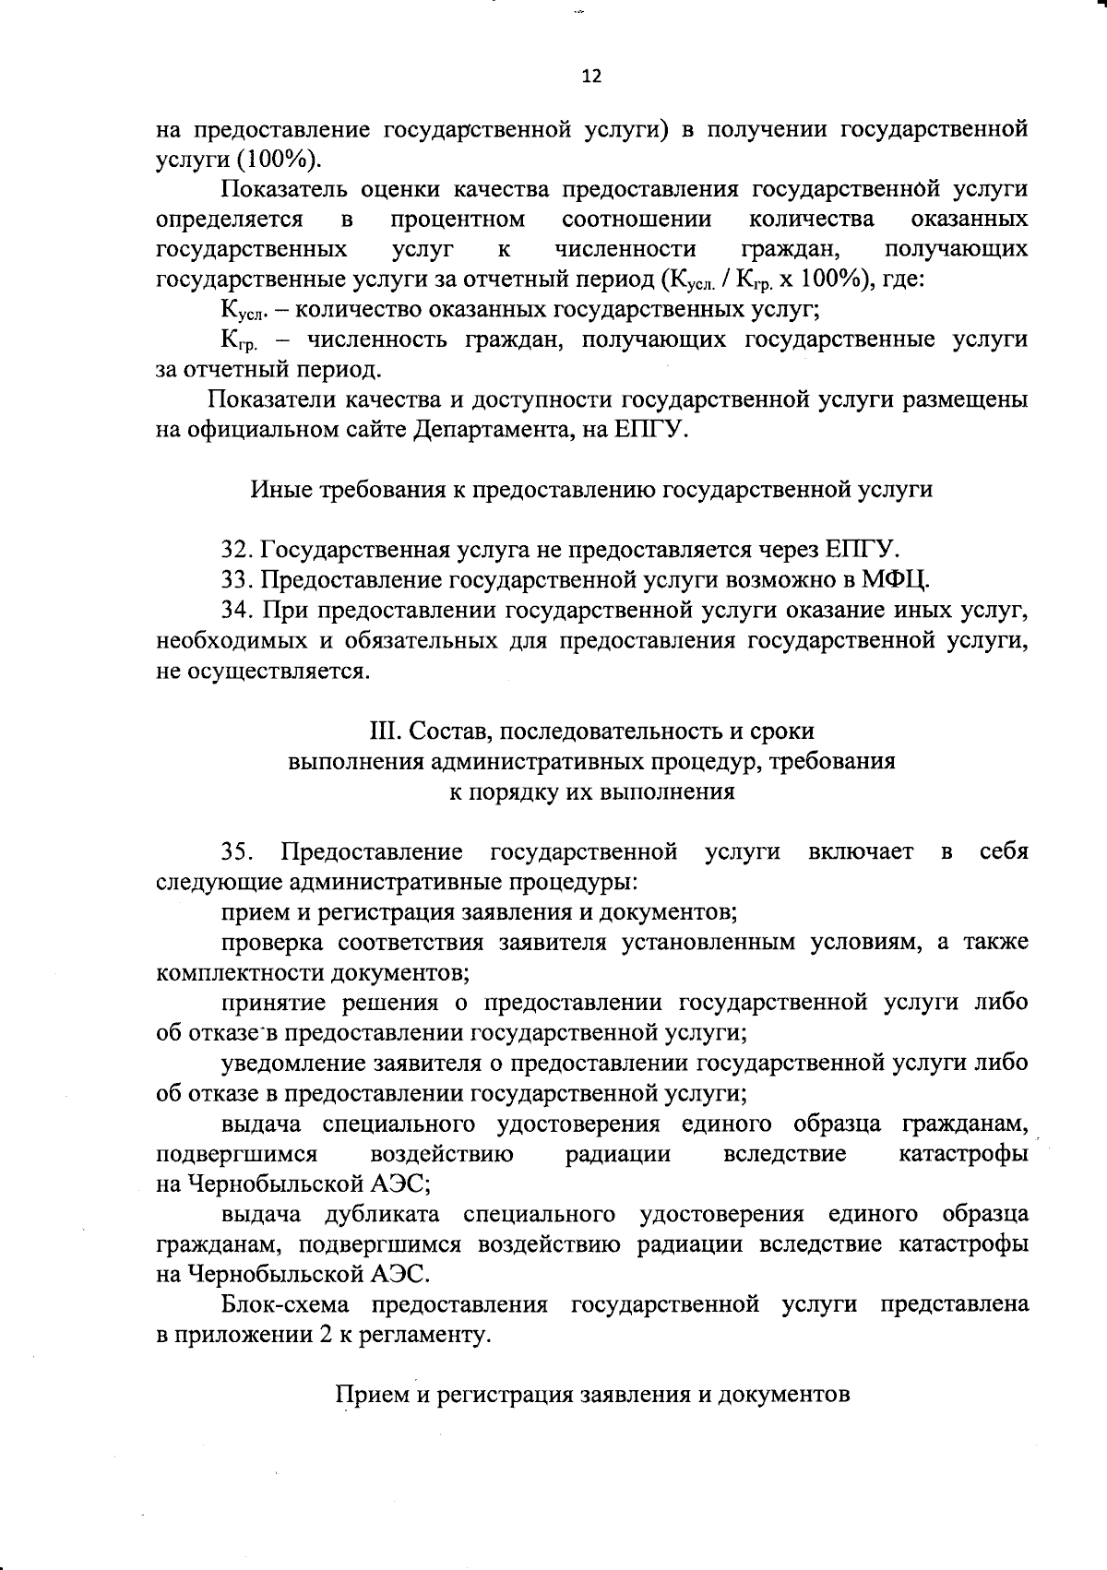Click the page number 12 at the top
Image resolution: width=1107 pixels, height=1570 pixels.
coord(591,77)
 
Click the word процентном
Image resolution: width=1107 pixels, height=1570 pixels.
coord(458,220)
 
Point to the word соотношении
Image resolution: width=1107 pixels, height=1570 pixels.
coord(637,220)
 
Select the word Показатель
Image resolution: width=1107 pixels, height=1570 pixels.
coord(285,190)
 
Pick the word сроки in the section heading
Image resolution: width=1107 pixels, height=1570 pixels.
coord(783,731)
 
